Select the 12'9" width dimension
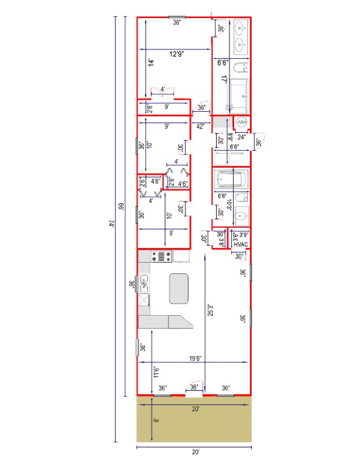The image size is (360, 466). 177,54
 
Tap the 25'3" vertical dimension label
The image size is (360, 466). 210,311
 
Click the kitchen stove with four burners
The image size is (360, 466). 161,255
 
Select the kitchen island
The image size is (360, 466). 180,288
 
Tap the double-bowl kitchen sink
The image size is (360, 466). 143,284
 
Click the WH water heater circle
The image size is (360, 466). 242,122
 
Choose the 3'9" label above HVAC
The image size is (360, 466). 243,235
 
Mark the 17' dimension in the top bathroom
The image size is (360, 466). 224,79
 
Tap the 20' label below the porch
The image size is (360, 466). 195,452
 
